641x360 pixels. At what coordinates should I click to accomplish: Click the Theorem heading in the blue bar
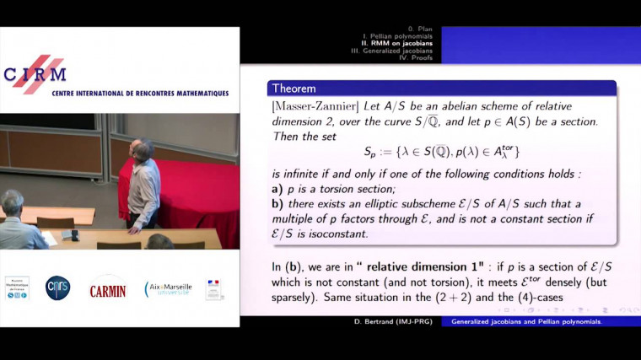[293, 88]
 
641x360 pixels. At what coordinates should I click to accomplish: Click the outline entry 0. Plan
[418, 30]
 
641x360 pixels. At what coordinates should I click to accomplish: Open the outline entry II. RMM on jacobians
[401, 45]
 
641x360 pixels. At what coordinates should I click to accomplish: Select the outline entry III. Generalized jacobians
[395, 51]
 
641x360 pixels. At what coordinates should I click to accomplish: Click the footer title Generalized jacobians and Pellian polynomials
[531, 321]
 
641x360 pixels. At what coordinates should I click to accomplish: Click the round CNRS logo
[57, 288]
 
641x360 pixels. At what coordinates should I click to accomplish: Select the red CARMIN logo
[108, 290]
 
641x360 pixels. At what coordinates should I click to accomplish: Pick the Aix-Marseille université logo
[169, 289]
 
